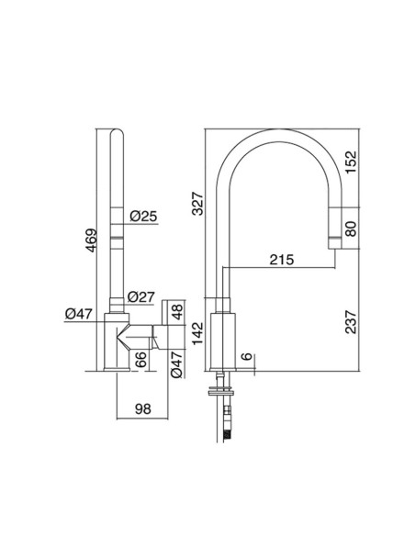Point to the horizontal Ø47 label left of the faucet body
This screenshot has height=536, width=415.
tap(81, 314)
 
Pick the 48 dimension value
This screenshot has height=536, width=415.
tap(179, 326)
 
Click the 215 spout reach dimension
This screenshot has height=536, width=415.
tap(281, 259)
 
